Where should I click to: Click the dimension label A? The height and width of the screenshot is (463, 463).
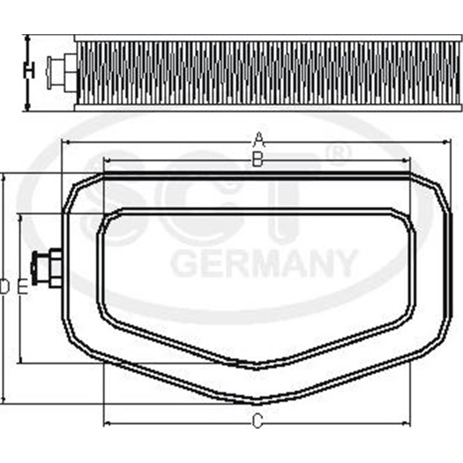coord(259,139)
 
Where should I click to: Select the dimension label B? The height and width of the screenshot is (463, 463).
coord(259,159)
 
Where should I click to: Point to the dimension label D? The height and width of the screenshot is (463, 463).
coord(5,287)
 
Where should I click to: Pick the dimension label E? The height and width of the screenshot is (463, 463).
coord(22,287)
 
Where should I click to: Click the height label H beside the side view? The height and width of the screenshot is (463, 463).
coord(28,71)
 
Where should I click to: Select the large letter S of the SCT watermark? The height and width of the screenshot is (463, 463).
coord(119,203)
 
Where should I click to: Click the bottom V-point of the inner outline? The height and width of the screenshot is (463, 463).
coord(257,366)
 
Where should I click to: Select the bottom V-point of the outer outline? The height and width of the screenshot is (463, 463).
coord(257,402)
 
